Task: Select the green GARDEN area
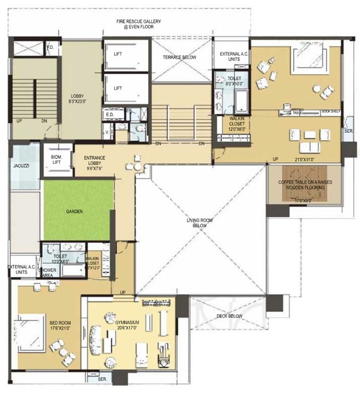(x=78, y=210)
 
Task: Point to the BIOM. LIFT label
(x=56, y=159)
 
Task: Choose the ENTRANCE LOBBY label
(x=96, y=160)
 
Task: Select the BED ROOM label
(x=60, y=325)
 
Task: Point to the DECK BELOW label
(x=229, y=316)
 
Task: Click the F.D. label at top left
(x=51, y=48)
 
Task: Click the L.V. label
(x=106, y=130)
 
